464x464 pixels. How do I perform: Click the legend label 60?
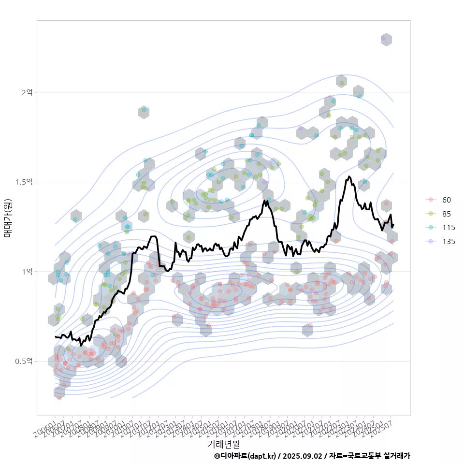click(x=446, y=200)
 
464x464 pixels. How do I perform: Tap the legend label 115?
click(x=448, y=228)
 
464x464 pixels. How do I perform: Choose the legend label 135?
click(x=448, y=242)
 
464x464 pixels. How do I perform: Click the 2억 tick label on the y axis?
click(x=27, y=92)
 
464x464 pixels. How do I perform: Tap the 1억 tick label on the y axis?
click(x=27, y=272)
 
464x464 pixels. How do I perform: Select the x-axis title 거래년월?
click(x=223, y=443)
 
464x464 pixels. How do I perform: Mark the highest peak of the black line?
click(x=348, y=176)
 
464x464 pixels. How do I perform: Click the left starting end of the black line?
click(x=56, y=336)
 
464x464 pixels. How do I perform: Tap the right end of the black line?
click(x=393, y=225)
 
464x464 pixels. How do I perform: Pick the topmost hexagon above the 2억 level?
click(x=386, y=39)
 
